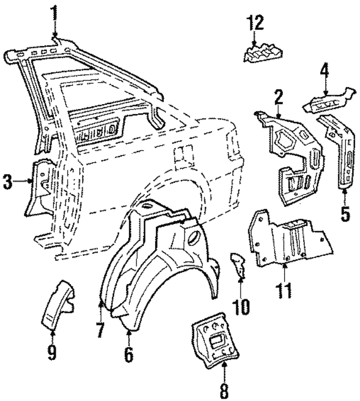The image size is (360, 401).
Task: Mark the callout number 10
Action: (x=243, y=307)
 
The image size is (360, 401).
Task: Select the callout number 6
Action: (x=128, y=354)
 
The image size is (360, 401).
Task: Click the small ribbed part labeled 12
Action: (x=261, y=52)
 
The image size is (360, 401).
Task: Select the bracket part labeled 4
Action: (x=329, y=101)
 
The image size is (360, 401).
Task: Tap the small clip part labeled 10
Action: (x=238, y=264)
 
